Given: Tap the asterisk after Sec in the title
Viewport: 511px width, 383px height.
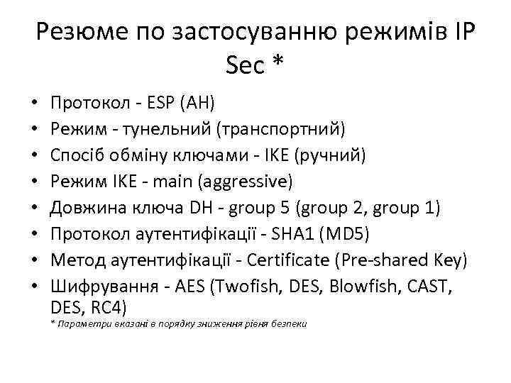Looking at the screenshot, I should (276, 65).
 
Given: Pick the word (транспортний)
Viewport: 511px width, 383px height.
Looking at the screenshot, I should (281, 131).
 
